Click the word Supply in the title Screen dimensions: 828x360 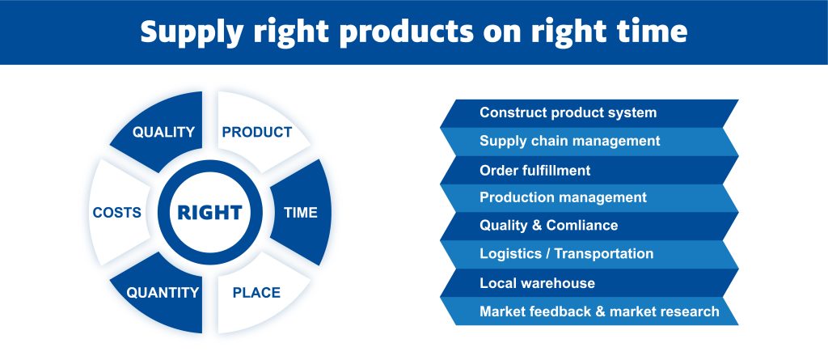tap(191, 33)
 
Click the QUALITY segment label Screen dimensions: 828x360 tap(163, 132)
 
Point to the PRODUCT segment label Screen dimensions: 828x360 tap(256, 132)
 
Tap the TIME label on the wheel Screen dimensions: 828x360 tap(301, 213)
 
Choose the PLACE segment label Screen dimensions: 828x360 tap(256, 292)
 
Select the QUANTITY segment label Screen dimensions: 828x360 tap(163, 292)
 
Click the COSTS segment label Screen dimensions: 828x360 tap(116, 213)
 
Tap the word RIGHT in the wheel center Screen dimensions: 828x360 tap(209, 213)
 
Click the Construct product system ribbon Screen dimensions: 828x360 tap(589, 113)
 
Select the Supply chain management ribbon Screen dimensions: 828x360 tap(589, 142)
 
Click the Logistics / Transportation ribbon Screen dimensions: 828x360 tap(589, 254)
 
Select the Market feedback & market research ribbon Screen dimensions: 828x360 tap(589, 311)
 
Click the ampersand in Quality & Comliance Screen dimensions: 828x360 tap(537, 225)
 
